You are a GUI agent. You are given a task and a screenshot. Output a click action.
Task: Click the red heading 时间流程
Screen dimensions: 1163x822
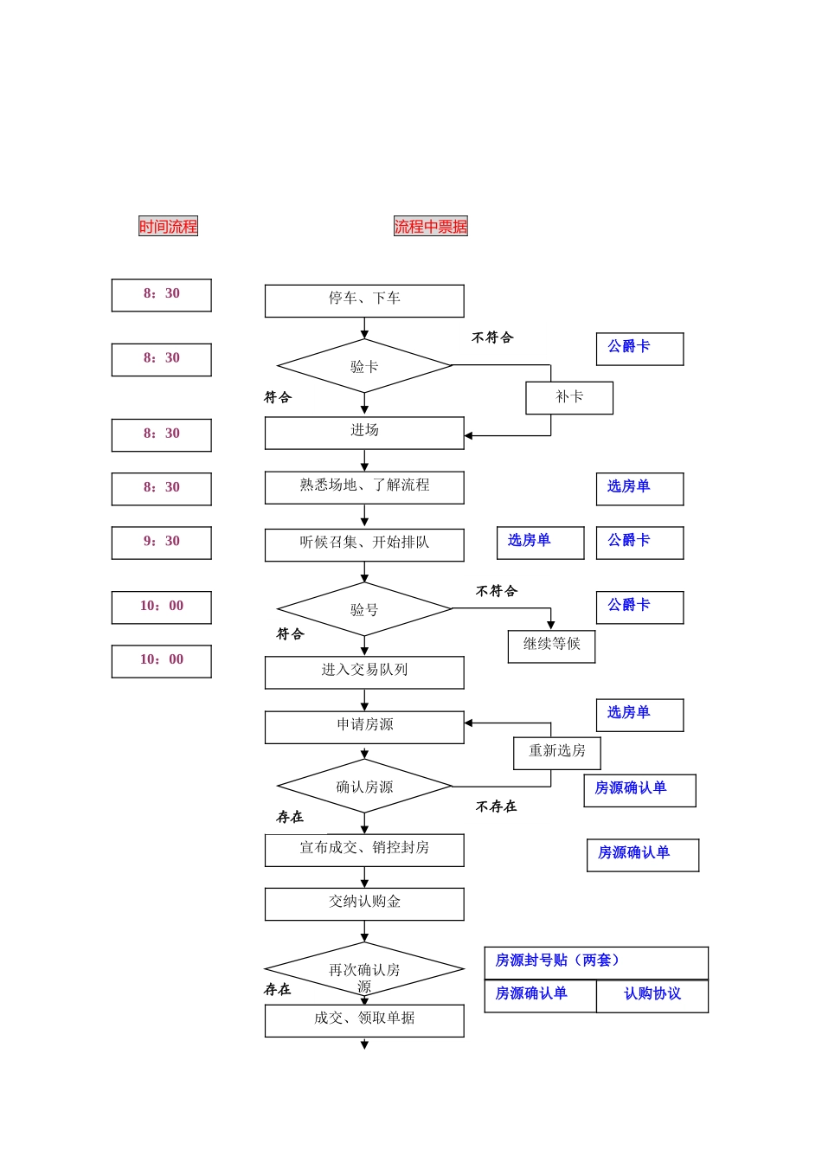(x=168, y=227)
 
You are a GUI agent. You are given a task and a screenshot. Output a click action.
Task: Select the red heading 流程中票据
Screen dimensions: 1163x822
(x=430, y=227)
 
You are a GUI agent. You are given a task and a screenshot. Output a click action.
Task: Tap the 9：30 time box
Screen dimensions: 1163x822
(x=162, y=543)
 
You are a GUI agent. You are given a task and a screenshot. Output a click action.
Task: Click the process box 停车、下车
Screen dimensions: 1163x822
(x=364, y=300)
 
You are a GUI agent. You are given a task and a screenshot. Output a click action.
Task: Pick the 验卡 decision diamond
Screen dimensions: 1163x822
(x=364, y=366)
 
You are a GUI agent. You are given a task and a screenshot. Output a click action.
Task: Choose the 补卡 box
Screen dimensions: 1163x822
(x=569, y=398)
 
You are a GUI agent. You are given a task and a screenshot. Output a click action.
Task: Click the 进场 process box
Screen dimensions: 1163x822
(x=364, y=433)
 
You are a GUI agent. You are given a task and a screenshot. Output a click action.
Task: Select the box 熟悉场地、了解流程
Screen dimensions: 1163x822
(x=364, y=487)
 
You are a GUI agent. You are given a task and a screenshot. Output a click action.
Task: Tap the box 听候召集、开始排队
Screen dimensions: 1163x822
(x=364, y=544)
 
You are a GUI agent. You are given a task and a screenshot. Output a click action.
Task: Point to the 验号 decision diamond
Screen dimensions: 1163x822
(x=364, y=609)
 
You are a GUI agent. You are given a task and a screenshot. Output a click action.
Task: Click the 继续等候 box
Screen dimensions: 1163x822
(x=551, y=646)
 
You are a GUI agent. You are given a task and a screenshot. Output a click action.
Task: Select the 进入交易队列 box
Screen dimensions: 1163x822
(x=364, y=671)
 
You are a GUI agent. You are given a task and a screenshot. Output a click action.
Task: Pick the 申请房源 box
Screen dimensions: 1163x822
(x=364, y=727)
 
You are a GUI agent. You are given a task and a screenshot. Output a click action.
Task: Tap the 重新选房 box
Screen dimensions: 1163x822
(x=556, y=752)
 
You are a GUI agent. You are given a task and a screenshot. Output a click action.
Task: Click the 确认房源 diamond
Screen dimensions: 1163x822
(x=364, y=787)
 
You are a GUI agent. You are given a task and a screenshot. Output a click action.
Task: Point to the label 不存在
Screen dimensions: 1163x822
(x=496, y=806)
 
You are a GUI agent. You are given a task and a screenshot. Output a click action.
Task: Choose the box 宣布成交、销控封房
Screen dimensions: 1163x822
(x=364, y=850)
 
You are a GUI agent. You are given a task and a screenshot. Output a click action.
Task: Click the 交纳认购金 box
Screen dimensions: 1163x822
(x=364, y=903)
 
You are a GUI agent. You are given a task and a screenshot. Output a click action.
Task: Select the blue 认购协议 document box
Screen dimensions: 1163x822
(x=652, y=995)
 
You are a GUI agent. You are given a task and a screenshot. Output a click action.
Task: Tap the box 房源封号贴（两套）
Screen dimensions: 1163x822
(x=596, y=962)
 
